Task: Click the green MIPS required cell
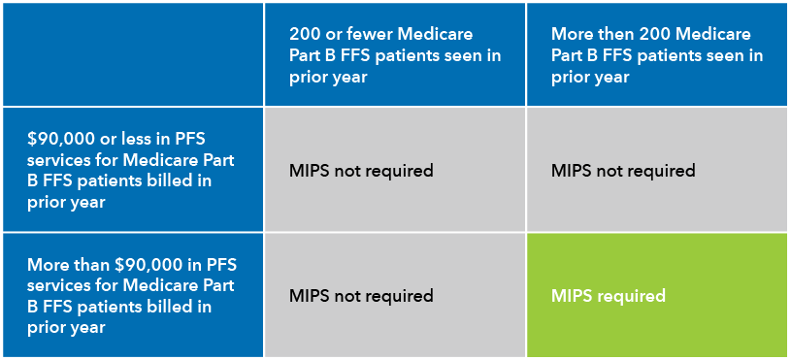(657, 295)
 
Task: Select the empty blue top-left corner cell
(132, 54)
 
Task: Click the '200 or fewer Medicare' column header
(395, 54)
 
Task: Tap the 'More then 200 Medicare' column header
(657, 54)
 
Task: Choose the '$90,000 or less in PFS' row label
(132, 170)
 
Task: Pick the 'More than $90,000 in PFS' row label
(132, 295)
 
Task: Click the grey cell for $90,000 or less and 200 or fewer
(395, 170)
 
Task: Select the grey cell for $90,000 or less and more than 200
(657, 170)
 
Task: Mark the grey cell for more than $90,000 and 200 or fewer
(395, 295)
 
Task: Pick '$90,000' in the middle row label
(61, 137)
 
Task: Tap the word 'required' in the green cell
(632, 296)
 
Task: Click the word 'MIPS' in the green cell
(572, 296)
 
